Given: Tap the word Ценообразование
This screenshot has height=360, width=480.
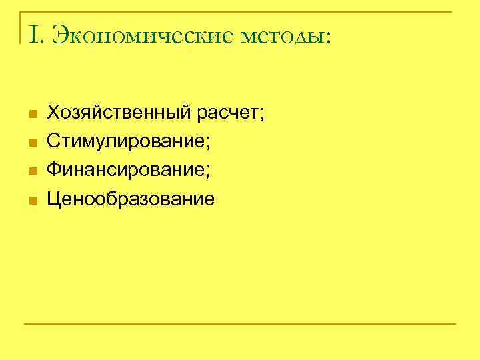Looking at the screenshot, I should coord(131,199).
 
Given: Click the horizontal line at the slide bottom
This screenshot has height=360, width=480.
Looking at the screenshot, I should coord(240,324).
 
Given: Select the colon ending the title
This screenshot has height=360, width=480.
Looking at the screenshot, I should coord(325,37).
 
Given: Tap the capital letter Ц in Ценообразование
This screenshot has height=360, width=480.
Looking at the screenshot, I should coord(53,199).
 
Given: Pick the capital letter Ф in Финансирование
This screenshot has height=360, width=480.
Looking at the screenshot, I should coord(53,171).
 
